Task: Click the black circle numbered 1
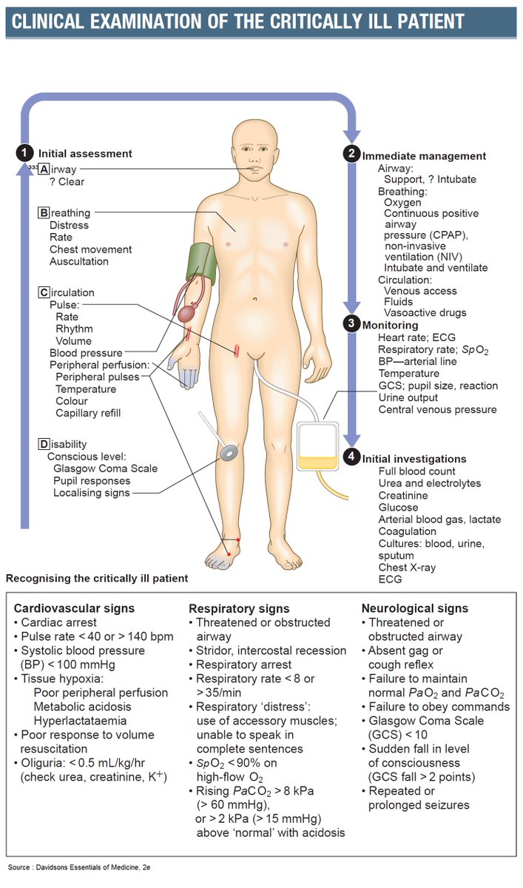[24, 153]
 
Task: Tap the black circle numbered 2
[351, 155]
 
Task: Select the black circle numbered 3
[351, 324]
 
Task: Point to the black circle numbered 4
[351, 458]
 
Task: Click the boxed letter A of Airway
[44, 169]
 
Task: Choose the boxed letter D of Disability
[44, 444]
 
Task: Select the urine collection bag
[318, 448]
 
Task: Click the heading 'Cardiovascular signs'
[74, 608]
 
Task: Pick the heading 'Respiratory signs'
[239, 608]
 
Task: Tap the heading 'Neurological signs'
[415, 608]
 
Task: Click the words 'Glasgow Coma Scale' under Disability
[105, 468]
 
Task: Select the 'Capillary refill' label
[88, 413]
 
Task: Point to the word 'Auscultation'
[79, 261]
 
